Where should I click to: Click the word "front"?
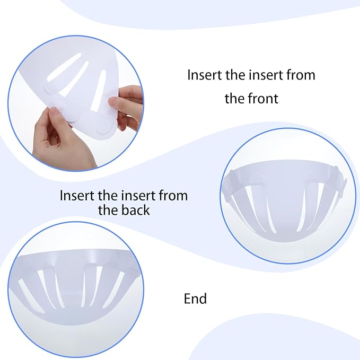pyautogui.click(x=263, y=98)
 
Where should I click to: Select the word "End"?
pyautogui.click(x=195, y=298)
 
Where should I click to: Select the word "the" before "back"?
pyautogui.click(x=108, y=210)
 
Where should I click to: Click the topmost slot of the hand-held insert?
pyautogui.click(x=64, y=67)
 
